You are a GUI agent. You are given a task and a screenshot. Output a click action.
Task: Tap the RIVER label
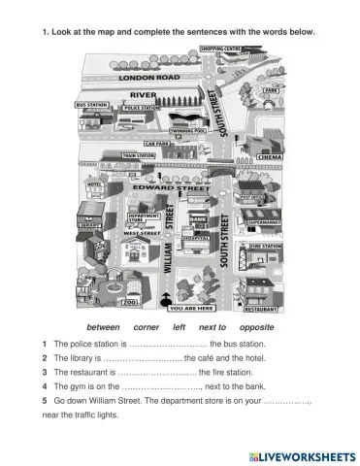coord(143,94)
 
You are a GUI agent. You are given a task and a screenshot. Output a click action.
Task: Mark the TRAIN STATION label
coord(140,154)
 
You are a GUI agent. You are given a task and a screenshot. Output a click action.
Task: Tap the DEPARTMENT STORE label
coord(144,218)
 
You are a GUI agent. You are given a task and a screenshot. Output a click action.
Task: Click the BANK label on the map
coord(199,220)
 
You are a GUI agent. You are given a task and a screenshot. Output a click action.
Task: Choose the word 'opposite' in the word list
coord(256,328)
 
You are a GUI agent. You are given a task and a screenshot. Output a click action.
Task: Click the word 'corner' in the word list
coord(146,328)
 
